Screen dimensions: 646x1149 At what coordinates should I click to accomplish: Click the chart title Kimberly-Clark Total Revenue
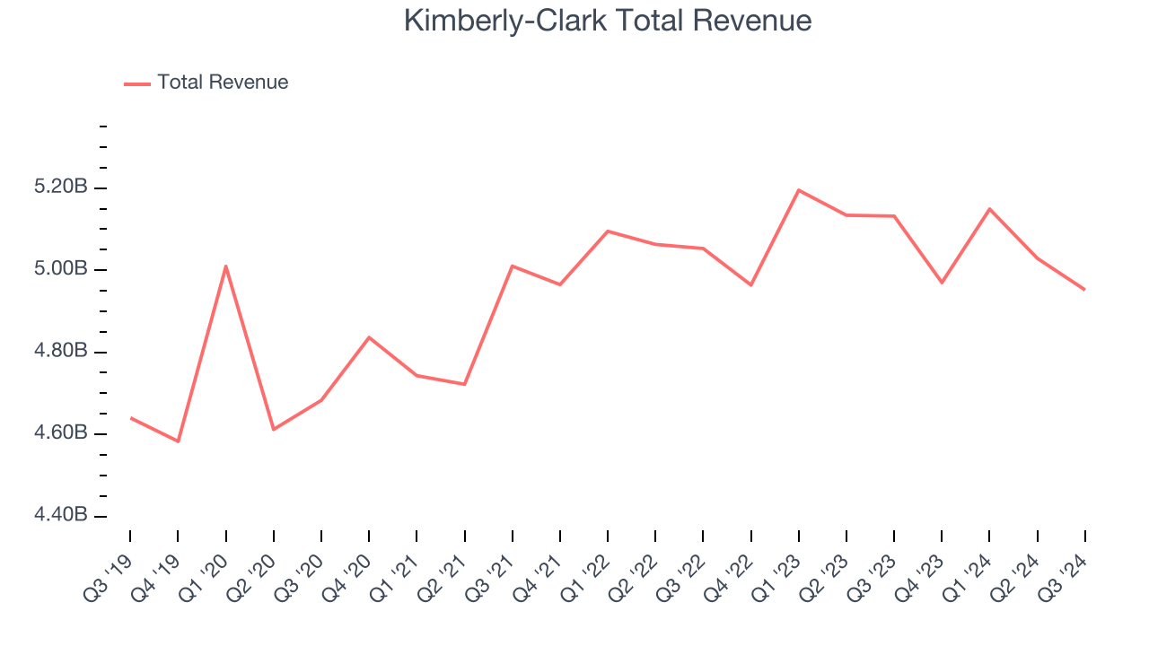click(x=608, y=20)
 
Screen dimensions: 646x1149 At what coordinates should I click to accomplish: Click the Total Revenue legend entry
click(x=222, y=83)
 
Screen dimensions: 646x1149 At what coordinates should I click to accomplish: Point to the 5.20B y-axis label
click(x=60, y=188)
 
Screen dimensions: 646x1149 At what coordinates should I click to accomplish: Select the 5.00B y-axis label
click(x=60, y=269)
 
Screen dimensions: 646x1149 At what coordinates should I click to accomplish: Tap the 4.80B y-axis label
click(x=60, y=351)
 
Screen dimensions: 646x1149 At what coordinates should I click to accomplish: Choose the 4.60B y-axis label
click(x=60, y=433)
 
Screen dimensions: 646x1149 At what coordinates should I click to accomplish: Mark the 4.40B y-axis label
click(x=60, y=515)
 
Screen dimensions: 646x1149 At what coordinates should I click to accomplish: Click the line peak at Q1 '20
click(x=225, y=266)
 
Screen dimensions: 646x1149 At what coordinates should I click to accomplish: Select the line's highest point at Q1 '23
click(x=798, y=190)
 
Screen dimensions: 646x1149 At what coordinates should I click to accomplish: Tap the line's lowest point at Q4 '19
click(x=178, y=441)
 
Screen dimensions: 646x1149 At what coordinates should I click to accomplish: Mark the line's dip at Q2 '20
click(x=273, y=429)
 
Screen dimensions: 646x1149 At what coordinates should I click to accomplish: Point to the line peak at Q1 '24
click(x=989, y=209)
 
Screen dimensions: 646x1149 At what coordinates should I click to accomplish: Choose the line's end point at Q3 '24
click(x=1084, y=289)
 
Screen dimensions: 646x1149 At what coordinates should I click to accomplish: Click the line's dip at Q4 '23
click(x=942, y=283)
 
